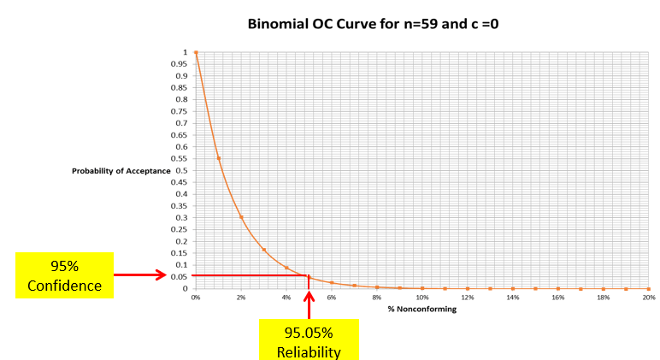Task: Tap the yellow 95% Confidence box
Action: (64, 275)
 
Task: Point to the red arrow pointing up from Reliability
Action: (309, 299)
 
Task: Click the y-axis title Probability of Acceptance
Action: (121, 171)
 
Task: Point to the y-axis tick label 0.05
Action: (182, 277)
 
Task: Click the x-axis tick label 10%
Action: (422, 298)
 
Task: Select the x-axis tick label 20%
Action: (648, 298)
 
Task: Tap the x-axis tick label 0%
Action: (196, 298)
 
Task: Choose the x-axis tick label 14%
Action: (513, 298)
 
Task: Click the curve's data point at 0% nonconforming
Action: (196, 52)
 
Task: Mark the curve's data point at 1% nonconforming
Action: (219, 158)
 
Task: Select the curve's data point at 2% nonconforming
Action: (241, 216)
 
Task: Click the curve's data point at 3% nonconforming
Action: (264, 250)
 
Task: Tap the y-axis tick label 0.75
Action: (182, 112)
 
